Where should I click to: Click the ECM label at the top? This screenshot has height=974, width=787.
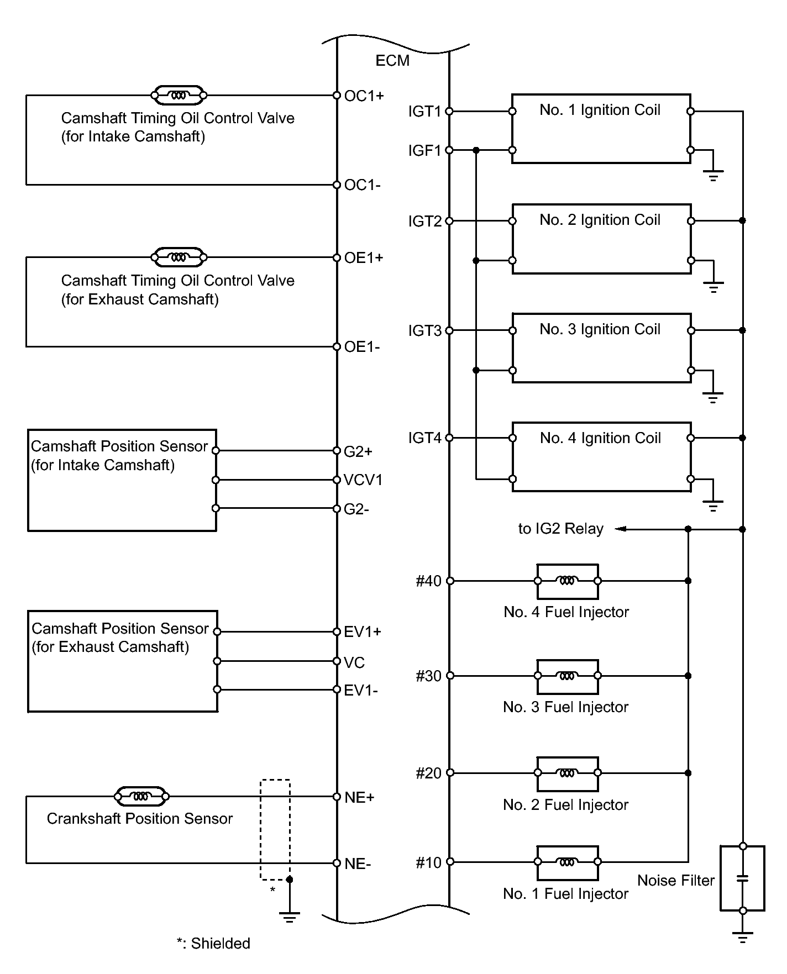(x=392, y=61)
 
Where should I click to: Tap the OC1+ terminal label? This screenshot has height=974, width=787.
(x=364, y=96)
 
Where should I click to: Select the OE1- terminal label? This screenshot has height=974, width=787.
(x=362, y=347)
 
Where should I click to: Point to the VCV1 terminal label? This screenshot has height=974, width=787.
(x=363, y=480)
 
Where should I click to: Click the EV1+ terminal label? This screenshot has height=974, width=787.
(x=363, y=632)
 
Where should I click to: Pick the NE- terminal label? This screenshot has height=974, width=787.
(x=358, y=864)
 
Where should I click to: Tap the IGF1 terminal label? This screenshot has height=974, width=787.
(x=424, y=151)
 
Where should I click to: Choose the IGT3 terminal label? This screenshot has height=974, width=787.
(x=424, y=331)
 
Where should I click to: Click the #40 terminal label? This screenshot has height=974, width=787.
(x=428, y=581)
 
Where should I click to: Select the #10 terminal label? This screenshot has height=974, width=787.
(x=428, y=863)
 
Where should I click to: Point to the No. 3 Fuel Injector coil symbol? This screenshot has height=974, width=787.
(x=567, y=676)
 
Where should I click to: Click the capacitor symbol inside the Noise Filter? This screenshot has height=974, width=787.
(x=743, y=878)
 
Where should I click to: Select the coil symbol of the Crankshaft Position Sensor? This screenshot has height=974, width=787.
(x=141, y=797)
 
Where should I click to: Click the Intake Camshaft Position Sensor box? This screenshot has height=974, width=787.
(x=122, y=480)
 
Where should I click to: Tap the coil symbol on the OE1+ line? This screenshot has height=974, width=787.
(x=179, y=257)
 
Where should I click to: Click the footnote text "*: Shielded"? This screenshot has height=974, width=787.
(x=213, y=944)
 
